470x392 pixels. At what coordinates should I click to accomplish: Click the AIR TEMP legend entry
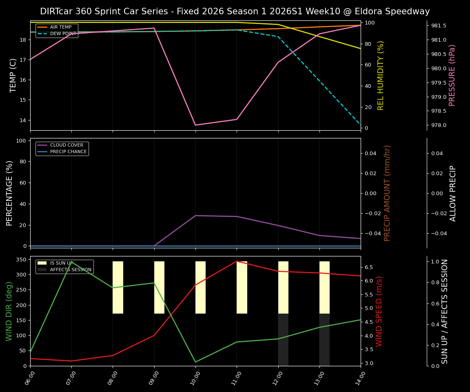click(60, 27)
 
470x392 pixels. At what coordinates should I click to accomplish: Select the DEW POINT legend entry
click(63, 34)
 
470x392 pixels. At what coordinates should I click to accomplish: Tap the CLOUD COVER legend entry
click(67, 145)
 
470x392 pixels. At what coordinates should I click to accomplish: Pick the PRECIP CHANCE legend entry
click(68, 152)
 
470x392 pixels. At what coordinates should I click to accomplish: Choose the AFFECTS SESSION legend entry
click(70, 270)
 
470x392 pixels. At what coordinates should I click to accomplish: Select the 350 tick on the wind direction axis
click(22, 260)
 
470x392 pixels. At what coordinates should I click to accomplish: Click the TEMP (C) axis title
click(13, 75)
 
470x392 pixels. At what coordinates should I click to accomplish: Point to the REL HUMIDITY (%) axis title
click(381, 75)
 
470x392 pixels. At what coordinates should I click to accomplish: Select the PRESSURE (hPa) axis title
click(452, 75)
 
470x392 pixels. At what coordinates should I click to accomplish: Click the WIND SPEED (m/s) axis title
click(379, 311)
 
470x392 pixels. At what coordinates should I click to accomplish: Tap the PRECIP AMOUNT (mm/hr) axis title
click(388, 193)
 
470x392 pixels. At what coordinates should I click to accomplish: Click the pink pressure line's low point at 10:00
click(195, 125)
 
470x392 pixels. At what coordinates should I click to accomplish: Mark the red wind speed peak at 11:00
click(237, 261)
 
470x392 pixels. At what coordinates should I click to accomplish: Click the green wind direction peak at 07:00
click(71, 262)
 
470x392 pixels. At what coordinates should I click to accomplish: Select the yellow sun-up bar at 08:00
click(118, 287)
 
